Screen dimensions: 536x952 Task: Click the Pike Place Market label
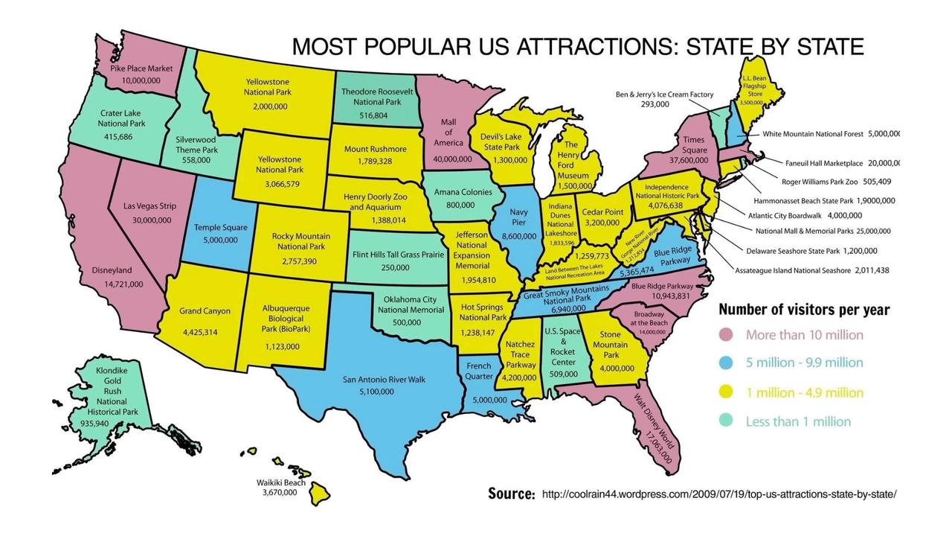pos(141,68)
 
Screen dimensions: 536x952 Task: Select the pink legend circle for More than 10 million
pos(726,335)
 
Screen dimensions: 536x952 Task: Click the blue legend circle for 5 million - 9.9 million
pos(726,363)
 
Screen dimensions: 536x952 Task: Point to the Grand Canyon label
pos(205,311)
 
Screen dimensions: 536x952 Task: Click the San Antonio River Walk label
pos(384,380)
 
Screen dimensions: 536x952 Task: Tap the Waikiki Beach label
pos(280,482)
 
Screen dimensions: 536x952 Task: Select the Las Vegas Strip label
pos(150,205)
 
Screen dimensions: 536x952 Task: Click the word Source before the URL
pos(511,494)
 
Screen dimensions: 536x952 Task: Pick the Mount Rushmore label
pos(375,149)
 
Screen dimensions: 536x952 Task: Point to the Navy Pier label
pos(519,217)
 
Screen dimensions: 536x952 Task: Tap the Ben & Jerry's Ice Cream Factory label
pos(664,95)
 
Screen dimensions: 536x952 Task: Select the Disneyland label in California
pos(112,270)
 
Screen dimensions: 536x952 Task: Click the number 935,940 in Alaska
pos(94,424)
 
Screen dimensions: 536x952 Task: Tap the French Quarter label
pos(478,371)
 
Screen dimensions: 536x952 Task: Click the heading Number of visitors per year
pos(804,310)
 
